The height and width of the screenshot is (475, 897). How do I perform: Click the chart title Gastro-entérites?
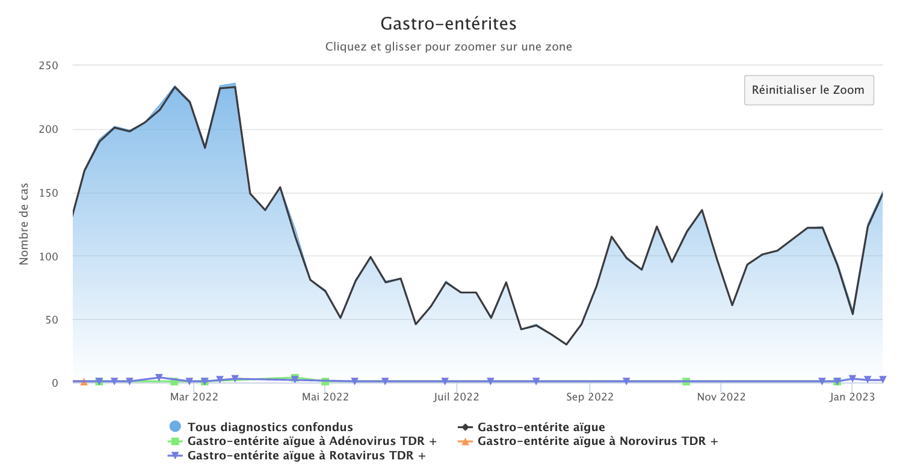[448, 24]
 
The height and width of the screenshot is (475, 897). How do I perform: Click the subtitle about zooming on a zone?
[448, 46]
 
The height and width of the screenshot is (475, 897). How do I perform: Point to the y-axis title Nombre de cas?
[25, 224]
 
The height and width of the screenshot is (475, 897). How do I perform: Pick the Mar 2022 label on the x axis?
[194, 397]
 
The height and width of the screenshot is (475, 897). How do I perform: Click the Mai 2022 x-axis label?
[325, 397]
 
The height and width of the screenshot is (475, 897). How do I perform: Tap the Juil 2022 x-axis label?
[457, 397]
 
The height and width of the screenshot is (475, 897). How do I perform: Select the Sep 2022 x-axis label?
[590, 397]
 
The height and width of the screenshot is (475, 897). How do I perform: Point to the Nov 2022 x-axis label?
[721, 397]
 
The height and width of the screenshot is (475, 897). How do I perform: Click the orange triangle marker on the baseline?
[84, 382]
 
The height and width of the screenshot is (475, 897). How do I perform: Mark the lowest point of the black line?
[566, 345]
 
